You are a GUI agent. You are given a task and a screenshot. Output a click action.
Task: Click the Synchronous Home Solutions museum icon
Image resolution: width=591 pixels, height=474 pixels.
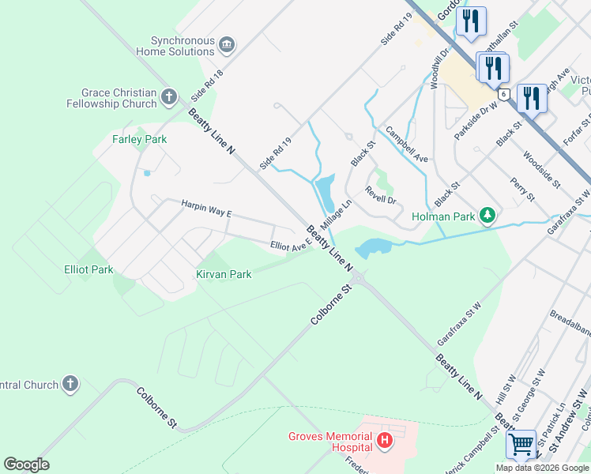(227, 43)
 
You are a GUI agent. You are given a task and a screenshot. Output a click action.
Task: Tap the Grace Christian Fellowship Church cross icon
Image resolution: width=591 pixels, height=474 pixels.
(168, 97)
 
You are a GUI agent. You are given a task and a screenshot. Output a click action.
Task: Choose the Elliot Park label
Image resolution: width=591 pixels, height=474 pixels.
(88, 269)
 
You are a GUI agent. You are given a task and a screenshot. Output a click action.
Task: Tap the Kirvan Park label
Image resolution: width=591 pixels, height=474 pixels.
(224, 274)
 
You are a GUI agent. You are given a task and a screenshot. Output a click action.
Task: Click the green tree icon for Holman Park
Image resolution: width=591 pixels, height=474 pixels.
(488, 216)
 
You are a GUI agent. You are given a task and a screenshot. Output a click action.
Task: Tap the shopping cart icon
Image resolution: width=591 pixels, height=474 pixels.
(521, 445)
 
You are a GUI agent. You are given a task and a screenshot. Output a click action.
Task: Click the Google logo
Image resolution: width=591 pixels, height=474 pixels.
(26, 465)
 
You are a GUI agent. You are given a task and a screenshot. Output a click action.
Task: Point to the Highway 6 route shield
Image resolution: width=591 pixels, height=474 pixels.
(503, 93)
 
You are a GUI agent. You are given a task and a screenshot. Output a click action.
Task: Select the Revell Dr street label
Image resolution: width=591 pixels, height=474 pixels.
(380, 194)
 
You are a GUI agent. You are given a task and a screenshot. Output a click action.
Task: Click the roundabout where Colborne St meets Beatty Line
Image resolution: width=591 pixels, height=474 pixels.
(358, 277)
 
